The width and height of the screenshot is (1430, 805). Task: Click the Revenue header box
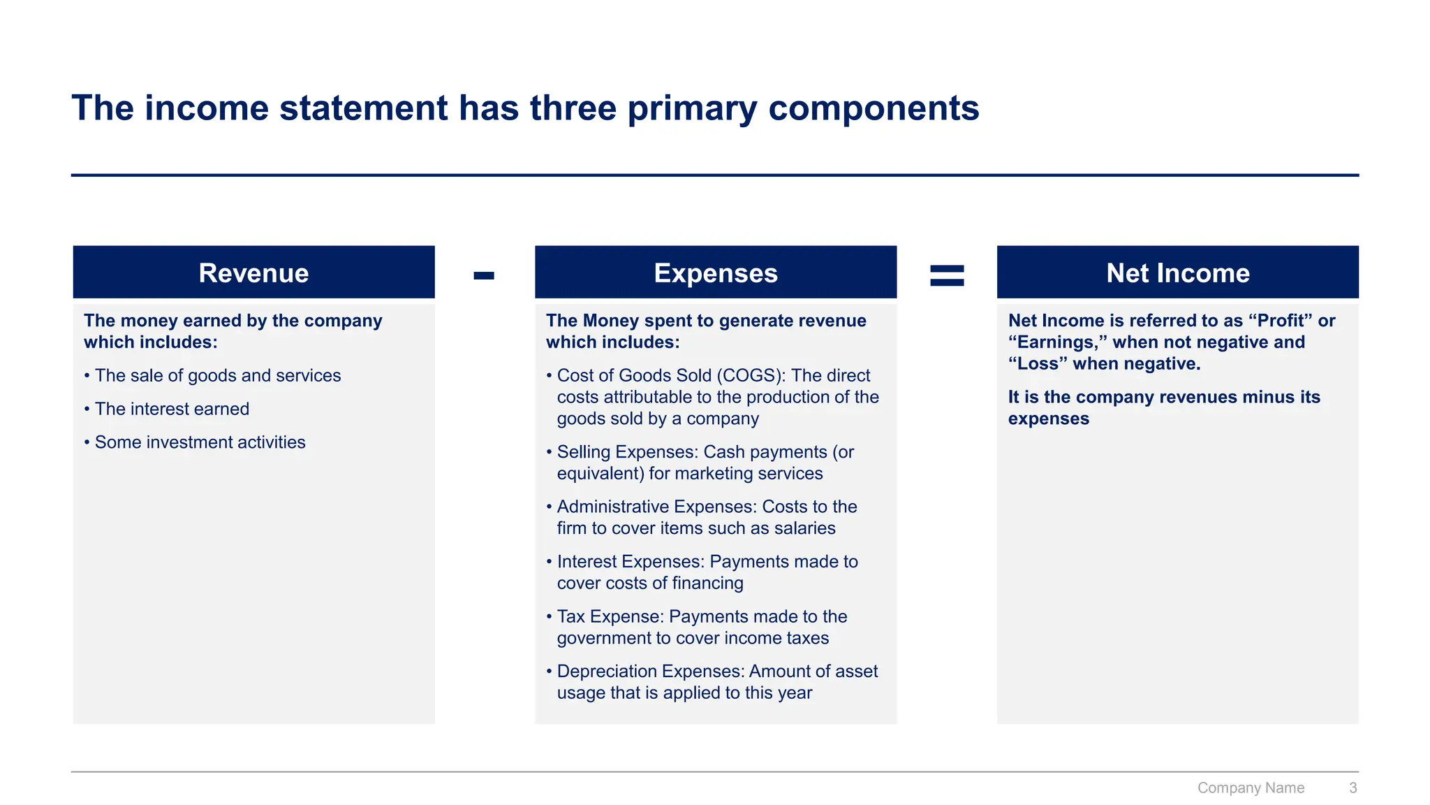pyautogui.click(x=253, y=273)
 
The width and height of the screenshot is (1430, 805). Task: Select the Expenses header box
pyautogui.click(x=716, y=273)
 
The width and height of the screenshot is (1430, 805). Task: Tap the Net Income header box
pyautogui.click(x=1177, y=273)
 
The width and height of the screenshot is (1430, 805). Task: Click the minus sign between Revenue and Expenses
pyautogui.click(x=484, y=275)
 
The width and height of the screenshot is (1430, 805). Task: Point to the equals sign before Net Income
pyautogui.click(x=947, y=275)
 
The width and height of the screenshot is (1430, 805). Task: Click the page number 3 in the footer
pyautogui.click(x=1352, y=788)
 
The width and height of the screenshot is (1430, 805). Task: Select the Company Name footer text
pyautogui.click(x=1251, y=788)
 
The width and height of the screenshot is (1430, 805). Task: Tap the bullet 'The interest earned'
pyautogui.click(x=172, y=409)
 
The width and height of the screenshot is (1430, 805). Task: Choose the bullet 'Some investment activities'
pyautogui.click(x=200, y=442)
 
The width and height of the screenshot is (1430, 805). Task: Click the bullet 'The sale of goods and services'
pyautogui.click(x=218, y=375)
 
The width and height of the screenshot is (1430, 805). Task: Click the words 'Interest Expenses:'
pyautogui.click(x=631, y=562)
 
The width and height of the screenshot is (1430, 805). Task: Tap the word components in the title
pyautogui.click(x=874, y=108)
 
